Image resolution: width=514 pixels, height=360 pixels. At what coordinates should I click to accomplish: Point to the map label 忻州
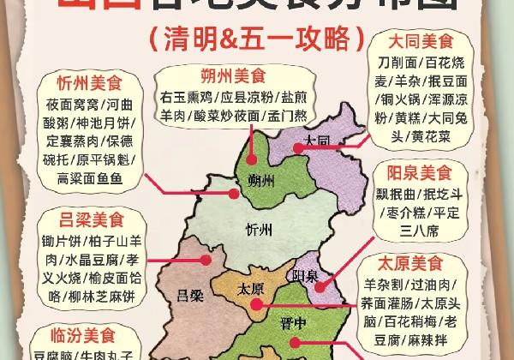[x=258, y=230]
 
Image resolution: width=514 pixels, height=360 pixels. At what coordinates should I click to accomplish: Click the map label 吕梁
[x=189, y=297]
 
